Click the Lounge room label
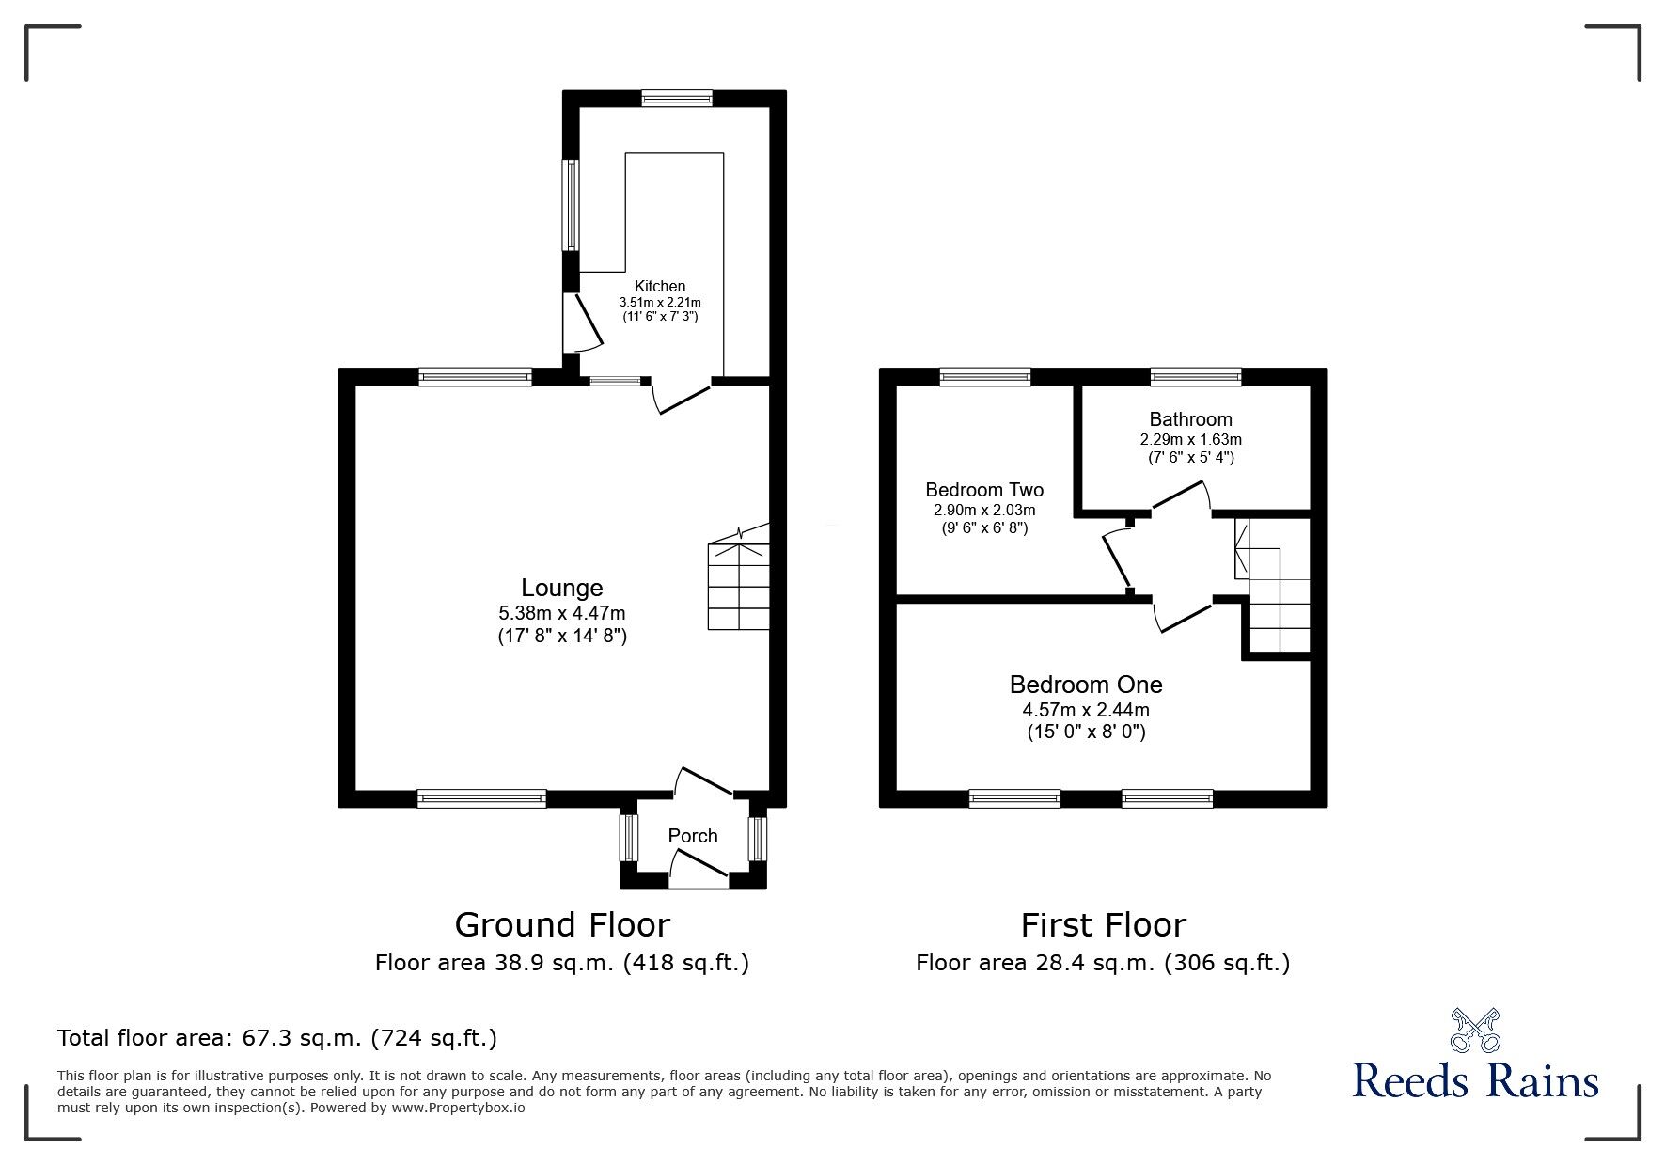coord(561,589)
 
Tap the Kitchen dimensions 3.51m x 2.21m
coord(660,303)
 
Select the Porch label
coord(693,836)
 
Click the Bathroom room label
coord(1190,419)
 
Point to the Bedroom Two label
coord(984,490)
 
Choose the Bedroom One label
coord(1086,685)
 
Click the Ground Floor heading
coord(562,925)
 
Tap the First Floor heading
coord(1103,925)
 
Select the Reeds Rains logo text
coord(1475,1080)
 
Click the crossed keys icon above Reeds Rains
coord(1475,1030)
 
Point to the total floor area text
coord(277,1038)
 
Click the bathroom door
coord(1181,496)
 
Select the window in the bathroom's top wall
coord(1196,377)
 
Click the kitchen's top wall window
coord(677,98)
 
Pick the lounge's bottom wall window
coord(481,798)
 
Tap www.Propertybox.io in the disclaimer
coord(458,1108)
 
